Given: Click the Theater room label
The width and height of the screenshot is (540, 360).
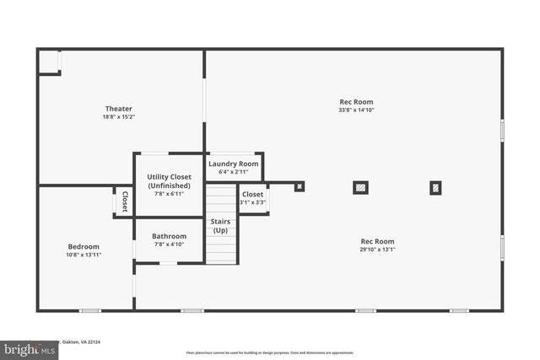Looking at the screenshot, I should (118, 109).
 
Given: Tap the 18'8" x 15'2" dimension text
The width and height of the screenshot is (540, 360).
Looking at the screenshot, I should (118, 117).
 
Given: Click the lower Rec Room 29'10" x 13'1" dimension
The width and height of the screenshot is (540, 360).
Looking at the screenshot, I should (377, 250).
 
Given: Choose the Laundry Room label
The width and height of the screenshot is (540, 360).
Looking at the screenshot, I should (234, 164).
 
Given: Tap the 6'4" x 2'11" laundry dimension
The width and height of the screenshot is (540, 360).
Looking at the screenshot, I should (234, 172).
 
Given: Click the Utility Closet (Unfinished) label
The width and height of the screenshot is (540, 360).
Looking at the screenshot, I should (169, 181).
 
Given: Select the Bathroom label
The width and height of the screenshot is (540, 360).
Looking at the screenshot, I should (169, 236).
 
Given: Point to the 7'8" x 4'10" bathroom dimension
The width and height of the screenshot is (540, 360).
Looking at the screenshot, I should (169, 245).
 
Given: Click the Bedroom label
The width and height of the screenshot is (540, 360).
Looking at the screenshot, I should (84, 246).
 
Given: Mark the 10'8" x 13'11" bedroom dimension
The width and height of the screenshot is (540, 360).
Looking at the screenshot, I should (84, 255).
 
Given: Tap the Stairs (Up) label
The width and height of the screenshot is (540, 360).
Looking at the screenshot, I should (220, 226).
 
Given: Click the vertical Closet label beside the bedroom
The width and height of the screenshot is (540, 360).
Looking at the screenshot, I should (124, 201).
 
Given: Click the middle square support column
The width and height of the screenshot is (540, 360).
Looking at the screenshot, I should (360, 188).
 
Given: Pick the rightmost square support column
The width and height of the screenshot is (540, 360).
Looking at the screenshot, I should (435, 188).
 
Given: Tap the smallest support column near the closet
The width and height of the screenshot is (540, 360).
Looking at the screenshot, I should (300, 186).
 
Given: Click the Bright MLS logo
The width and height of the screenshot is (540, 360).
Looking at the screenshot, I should (25, 348).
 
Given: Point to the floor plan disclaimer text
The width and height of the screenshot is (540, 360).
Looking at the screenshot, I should (270, 352).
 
